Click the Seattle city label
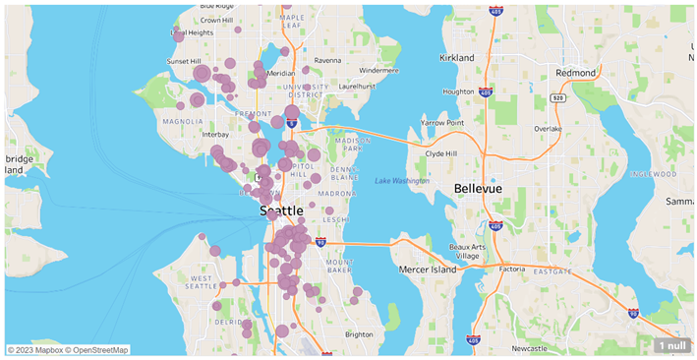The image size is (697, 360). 281,210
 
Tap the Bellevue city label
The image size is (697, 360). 478,188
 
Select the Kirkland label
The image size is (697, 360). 457,58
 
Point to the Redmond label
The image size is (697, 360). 575,73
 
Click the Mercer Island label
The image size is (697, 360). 429,269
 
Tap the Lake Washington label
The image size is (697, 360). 401,181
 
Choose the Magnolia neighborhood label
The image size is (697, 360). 182,122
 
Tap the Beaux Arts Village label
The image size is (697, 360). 467,251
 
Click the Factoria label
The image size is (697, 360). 511,269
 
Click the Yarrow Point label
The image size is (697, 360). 440,123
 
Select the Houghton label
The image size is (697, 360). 458,91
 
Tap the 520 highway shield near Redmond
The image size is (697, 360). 558,98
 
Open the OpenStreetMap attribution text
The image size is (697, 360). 98,350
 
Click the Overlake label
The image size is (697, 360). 549,129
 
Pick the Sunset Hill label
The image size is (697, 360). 183,61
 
